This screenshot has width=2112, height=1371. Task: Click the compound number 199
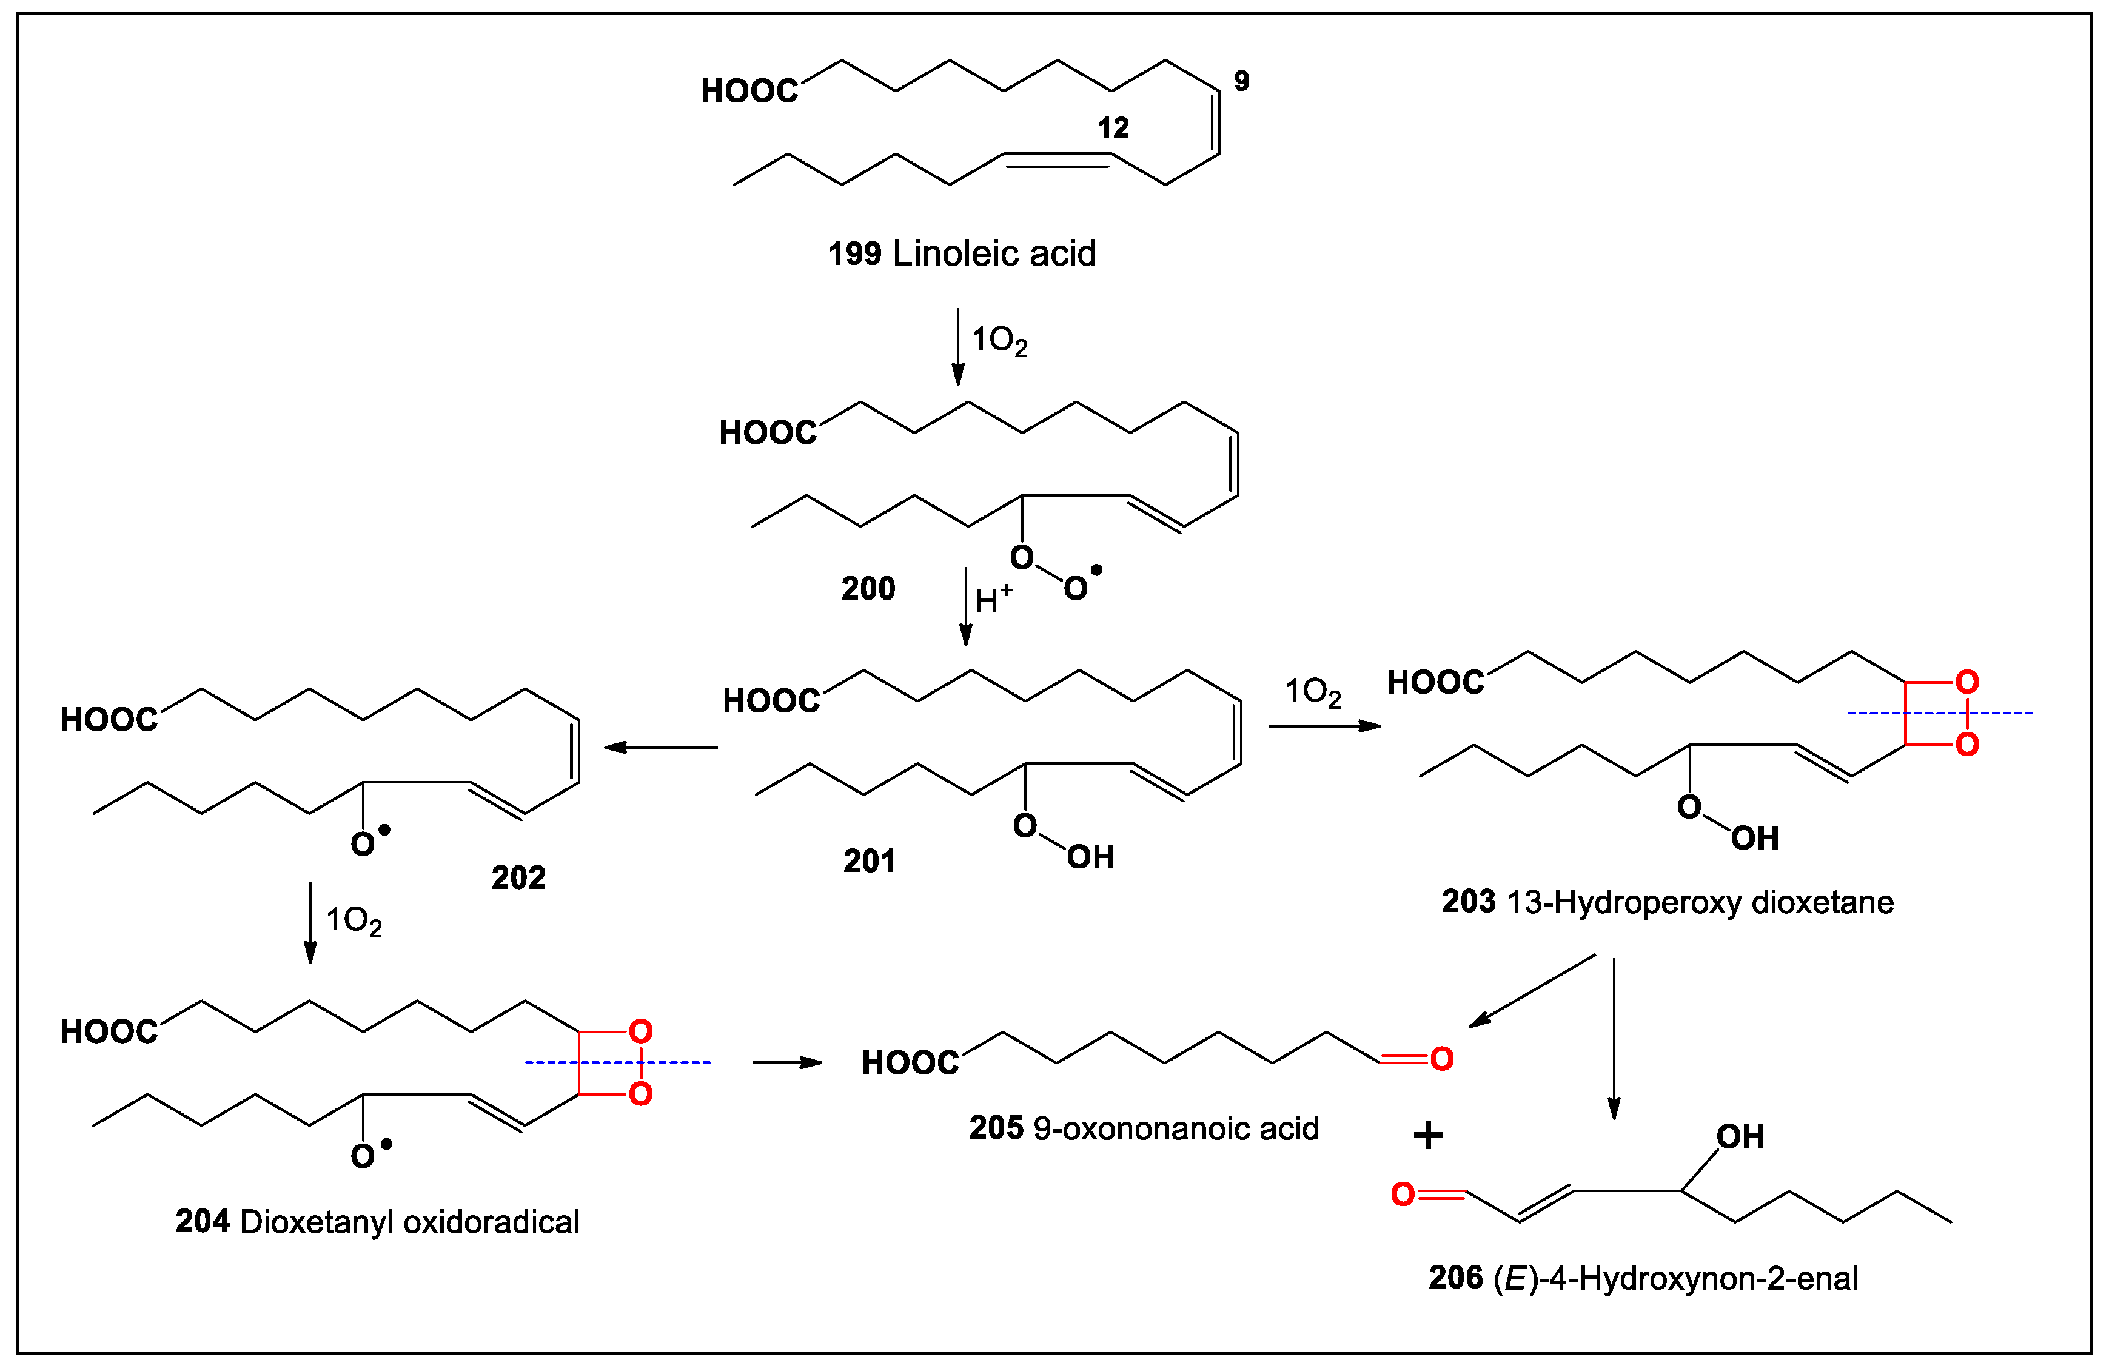[854, 254]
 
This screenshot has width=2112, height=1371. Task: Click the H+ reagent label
[992, 600]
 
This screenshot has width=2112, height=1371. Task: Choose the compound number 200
[868, 588]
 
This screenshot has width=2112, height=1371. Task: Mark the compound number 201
[869, 861]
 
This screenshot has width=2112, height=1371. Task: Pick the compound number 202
[518, 877]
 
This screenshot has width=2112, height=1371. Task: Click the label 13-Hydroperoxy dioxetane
[1699, 902]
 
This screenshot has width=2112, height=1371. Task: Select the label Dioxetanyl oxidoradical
[409, 1222]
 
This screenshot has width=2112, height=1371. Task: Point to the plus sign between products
[1428, 1135]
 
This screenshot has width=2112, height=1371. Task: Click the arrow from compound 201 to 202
[660, 747]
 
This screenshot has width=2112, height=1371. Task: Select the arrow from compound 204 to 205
[787, 1062]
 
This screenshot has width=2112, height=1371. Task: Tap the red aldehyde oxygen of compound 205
[1442, 1059]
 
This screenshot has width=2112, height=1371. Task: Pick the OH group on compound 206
[1740, 1137]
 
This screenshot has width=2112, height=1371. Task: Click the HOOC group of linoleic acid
[749, 90]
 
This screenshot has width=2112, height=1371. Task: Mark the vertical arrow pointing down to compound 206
[1614, 1038]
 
